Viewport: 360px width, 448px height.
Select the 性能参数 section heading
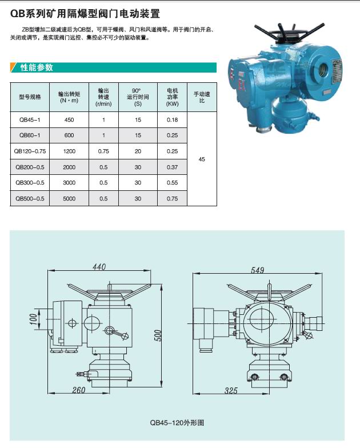click(37, 67)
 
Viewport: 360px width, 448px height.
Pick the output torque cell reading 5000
click(69, 199)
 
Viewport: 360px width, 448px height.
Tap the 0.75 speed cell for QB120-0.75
click(103, 151)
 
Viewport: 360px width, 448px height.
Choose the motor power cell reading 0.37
click(172, 167)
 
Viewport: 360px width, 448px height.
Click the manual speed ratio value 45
click(202, 159)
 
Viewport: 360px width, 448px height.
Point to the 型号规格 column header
click(30, 97)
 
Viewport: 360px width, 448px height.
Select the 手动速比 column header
click(202, 97)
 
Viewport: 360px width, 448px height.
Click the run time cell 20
click(138, 151)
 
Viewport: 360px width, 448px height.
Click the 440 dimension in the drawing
click(99, 267)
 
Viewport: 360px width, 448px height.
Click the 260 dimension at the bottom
click(79, 390)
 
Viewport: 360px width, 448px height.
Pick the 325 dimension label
click(231, 391)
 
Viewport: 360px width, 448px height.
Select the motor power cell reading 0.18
click(172, 120)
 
